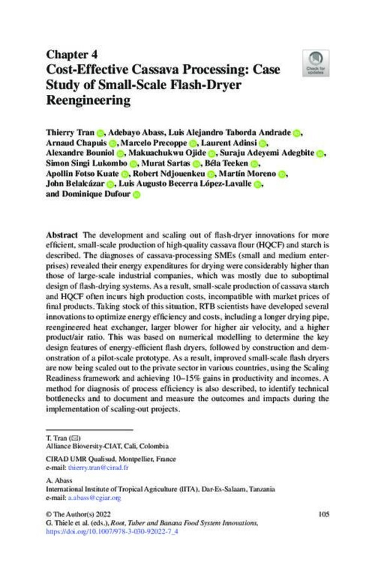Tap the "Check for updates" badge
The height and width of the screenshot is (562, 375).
pos(313,62)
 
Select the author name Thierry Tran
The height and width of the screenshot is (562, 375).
pos(71,133)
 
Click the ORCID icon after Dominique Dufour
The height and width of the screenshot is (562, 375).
pos(136,195)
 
